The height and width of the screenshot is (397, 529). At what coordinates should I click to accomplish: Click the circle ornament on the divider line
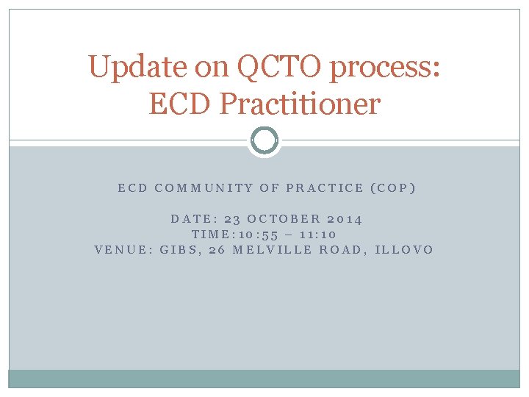click(x=264, y=140)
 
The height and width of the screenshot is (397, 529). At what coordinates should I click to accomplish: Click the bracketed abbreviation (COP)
click(x=393, y=187)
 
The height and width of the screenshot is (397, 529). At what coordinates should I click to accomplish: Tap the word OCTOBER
click(x=283, y=218)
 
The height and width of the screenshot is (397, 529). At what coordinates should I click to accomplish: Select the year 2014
click(x=344, y=218)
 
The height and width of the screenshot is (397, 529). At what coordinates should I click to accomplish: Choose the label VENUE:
click(x=123, y=249)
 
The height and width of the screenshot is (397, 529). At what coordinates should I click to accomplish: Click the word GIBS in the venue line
click(x=179, y=249)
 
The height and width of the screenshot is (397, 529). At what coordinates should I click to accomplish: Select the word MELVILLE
click(x=270, y=249)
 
